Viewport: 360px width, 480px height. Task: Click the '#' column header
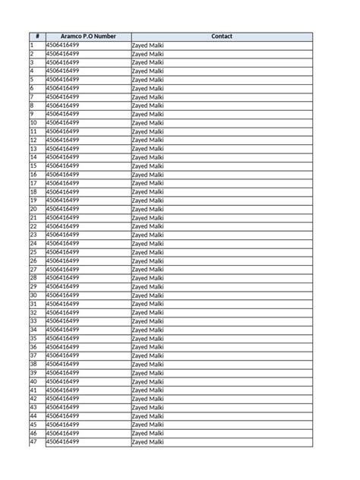[36, 36]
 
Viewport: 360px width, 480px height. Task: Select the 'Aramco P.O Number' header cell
[87, 36]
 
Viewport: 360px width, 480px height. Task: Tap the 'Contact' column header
[222, 36]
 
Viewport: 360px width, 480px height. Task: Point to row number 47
[33, 441]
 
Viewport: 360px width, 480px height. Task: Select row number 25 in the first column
[33, 252]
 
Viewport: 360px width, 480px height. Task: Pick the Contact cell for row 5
[147, 80]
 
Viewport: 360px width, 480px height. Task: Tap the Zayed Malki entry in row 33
[147, 321]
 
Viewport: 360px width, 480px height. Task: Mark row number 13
[33, 149]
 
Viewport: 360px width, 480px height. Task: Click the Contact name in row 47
[147, 442]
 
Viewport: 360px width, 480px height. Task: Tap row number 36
[33, 347]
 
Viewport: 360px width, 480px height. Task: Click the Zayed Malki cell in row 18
[147, 192]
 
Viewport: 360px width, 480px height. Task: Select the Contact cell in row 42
[147, 399]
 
